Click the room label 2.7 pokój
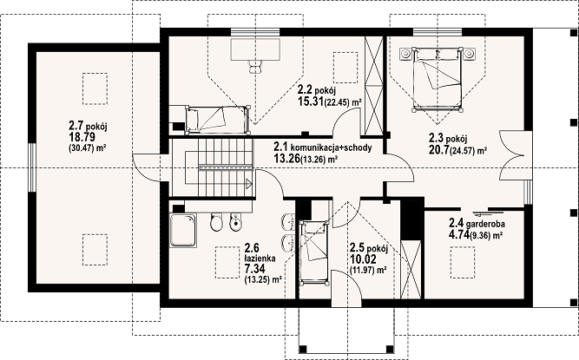click(x=88, y=126)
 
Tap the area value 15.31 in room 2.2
click(x=311, y=101)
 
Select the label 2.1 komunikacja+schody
click(x=322, y=147)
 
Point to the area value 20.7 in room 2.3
click(x=438, y=150)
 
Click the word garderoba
click(x=485, y=224)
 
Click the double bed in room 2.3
click(x=438, y=79)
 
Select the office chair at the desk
click(x=255, y=67)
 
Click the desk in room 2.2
click(x=255, y=49)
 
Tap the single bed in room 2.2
click(x=217, y=120)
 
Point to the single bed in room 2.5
click(x=314, y=252)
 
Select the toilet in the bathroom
click(x=215, y=222)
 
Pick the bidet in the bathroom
click(x=235, y=222)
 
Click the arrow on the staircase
click(x=248, y=182)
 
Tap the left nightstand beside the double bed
click(x=405, y=54)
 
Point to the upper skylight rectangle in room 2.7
click(x=95, y=88)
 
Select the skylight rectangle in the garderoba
click(x=463, y=262)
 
